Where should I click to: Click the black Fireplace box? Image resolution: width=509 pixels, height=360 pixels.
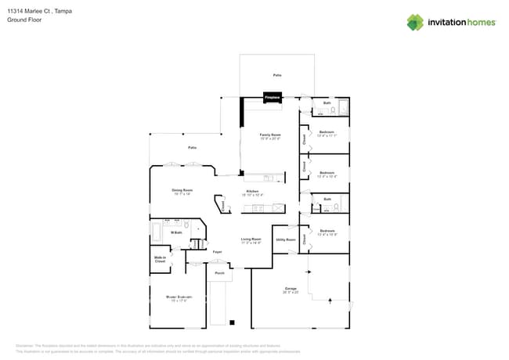tap(272, 98)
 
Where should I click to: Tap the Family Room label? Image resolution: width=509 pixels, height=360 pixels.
tap(270, 136)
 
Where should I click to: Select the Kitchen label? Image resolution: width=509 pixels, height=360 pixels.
tap(253, 192)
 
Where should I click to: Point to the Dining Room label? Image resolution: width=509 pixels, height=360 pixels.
tap(182, 191)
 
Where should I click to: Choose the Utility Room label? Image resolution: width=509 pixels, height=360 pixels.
tap(285, 239)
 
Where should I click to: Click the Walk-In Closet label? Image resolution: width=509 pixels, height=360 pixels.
tap(160, 259)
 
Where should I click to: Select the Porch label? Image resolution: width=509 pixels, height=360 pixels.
tap(220, 273)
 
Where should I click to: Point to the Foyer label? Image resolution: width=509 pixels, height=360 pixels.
tap(218, 252)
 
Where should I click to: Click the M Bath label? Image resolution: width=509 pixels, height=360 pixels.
tap(178, 232)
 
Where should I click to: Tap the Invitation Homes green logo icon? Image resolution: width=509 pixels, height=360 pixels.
tap(414, 22)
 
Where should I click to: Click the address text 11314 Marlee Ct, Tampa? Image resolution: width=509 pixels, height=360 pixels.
tap(35, 11)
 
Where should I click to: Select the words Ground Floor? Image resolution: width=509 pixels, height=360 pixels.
tap(24, 20)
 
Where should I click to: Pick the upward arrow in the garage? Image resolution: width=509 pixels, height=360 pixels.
tap(329, 300)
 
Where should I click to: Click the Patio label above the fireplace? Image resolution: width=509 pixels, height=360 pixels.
tap(277, 75)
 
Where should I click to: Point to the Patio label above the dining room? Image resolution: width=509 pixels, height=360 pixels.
tap(192, 148)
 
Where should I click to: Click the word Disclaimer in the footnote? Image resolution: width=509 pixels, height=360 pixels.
tap(25, 345)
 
